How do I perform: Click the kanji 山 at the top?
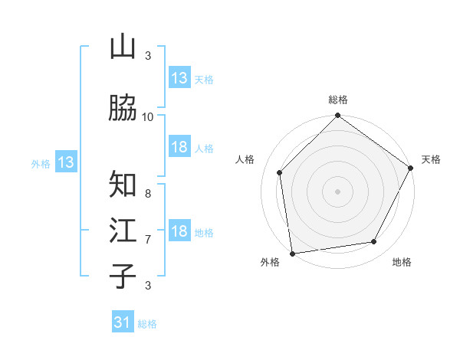click(x=123, y=47)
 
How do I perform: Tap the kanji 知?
click(x=123, y=185)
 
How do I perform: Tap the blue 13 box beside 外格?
click(x=65, y=162)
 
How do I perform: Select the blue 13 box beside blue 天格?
click(x=179, y=78)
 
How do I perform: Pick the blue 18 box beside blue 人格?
click(x=179, y=148)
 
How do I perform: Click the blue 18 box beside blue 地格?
click(x=179, y=232)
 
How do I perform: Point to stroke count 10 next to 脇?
click(x=148, y=116)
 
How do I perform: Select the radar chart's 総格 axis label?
click(x=338, y=100)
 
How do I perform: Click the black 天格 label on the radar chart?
click(x=431, y=159)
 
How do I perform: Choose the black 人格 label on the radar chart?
click(x=245, y=159)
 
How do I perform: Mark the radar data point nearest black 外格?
click(x=292, y=253)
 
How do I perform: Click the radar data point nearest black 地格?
click(x=374, y=242)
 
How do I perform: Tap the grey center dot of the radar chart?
click(x=337, y=191)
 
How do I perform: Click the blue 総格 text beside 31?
click(x=147, y=324)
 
